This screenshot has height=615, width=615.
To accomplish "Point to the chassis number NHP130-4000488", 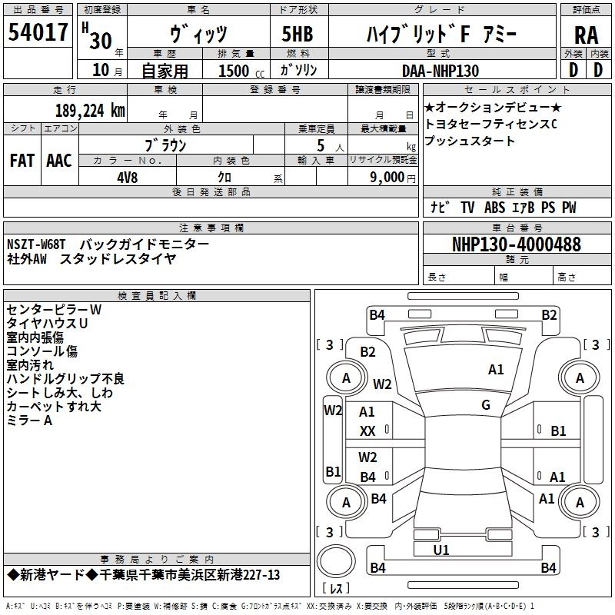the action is (x=516, y=244).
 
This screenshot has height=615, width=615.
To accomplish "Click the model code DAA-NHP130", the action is (x=440, y=71).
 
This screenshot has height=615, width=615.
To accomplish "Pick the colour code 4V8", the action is (x=128, y=177).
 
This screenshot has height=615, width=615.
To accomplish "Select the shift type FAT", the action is (x=22, y=161).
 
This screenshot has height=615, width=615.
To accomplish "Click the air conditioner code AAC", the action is (x=59, y=161).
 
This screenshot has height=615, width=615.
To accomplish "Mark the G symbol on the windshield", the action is (x=485, y=404).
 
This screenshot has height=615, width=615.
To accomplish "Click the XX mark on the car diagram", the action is (x=367, y=432).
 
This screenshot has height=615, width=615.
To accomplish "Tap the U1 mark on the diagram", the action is (x=441, y=550).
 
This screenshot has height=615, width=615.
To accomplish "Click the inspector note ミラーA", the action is (x=29, y=421).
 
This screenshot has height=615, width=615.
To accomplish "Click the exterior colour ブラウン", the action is (x=166, y=145).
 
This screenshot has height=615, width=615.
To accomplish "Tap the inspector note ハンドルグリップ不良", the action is (x=65, y=379).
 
